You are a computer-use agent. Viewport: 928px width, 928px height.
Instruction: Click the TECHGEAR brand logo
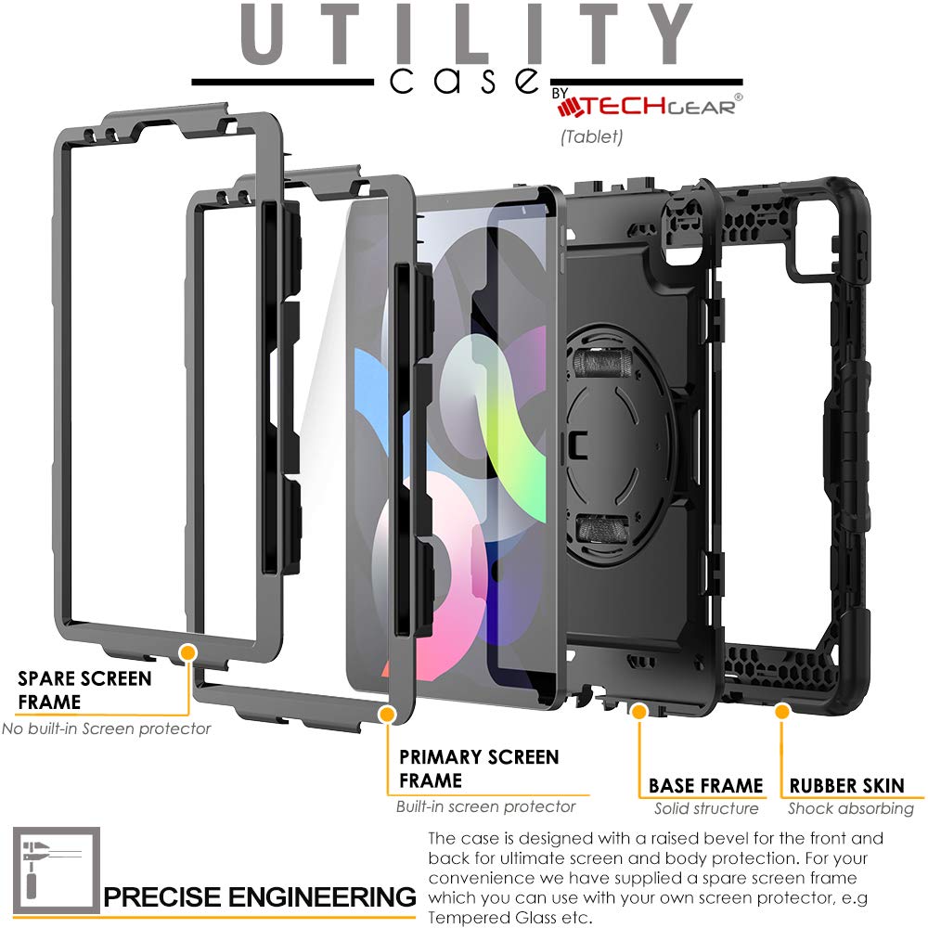point(650,106)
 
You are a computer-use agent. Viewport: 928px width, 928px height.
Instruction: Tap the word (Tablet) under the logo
point(590,136)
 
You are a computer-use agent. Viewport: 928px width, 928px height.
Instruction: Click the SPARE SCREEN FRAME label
point(84,690)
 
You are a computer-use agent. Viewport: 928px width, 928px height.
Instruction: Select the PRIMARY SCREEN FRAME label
point(478,768)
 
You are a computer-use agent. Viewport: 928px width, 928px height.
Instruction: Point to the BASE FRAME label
point(705,786)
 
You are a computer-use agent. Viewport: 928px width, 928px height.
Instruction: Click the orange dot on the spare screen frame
point(188,652)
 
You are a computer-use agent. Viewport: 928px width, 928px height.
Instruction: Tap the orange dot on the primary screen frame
point(386,712)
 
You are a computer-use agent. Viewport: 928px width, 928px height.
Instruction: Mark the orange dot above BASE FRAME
point(638,711)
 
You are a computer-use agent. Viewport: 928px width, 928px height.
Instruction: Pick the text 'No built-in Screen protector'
point(106,728)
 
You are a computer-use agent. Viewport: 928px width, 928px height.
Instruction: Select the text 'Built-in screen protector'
point(485,806)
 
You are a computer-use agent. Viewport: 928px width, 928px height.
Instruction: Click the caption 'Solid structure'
point(705,808)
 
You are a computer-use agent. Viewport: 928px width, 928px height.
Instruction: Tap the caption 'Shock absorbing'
point(851,808)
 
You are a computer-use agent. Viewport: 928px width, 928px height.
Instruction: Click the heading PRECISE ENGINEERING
point(259,897)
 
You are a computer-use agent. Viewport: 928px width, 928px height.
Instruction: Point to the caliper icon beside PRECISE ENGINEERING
point(55,871)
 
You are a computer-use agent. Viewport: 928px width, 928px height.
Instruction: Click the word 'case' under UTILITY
point(464,81)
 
